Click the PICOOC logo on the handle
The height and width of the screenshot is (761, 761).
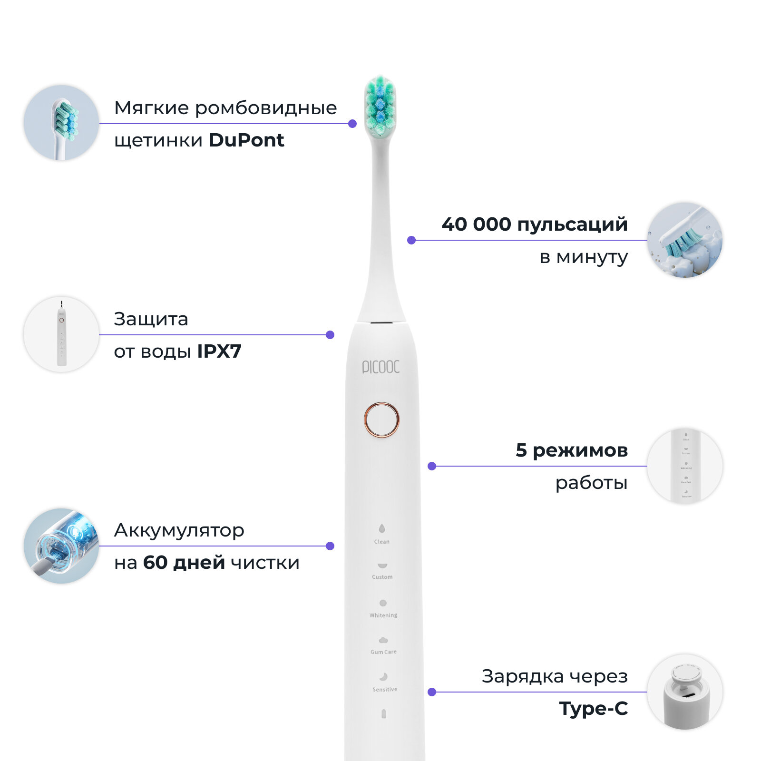tap(380, 367)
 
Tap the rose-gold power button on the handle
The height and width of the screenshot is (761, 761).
tap(381, 420)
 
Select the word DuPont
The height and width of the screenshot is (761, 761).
tap(246, 140)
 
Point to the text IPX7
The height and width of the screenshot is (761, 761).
tap(219, 351)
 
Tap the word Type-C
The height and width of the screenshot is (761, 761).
tap(593, 709)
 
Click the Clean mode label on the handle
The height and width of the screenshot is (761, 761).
tap(381, 542)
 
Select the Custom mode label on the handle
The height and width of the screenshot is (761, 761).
tap(382, 577)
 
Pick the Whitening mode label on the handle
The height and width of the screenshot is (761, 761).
tap(383, 615)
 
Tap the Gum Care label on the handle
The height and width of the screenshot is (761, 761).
tap(383, 652)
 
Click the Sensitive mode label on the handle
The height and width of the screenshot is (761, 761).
tap(385, 689)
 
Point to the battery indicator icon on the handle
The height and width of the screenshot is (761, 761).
tap(384, 714)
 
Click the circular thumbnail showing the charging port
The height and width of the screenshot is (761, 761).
tap(685, 692)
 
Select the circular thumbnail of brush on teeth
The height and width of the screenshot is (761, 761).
tap(685, 240)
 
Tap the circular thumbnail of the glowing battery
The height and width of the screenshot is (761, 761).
tap(61, 546)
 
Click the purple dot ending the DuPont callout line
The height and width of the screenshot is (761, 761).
tap(352, 124)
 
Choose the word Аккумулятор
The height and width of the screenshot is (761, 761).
tap(179, 530)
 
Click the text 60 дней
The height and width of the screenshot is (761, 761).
tap(184, 563)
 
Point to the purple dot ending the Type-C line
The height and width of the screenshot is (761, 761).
tap(432, 692)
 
